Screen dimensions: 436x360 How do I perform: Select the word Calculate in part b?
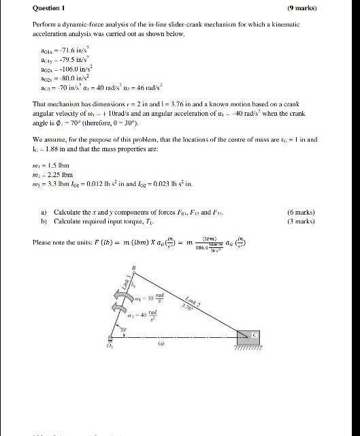click(67, 221)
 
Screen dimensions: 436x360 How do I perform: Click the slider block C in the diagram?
click(248, 337)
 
